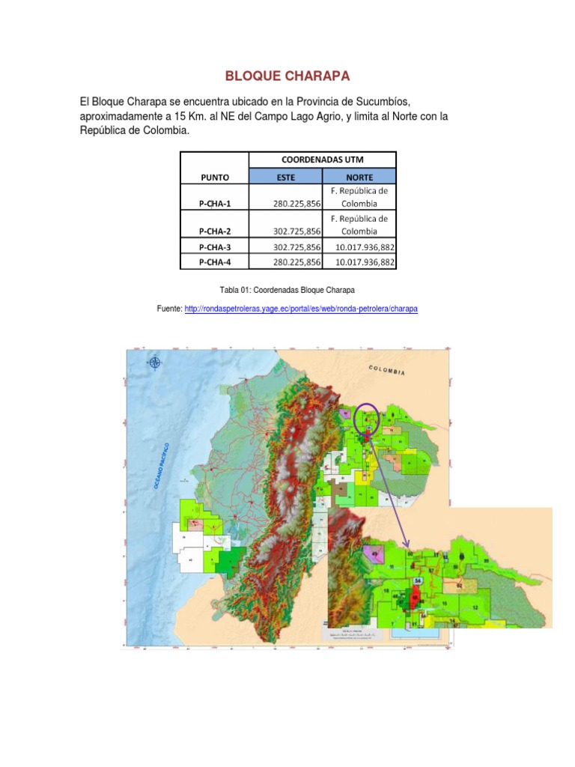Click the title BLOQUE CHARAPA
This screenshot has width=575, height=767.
click(x=287, y=76)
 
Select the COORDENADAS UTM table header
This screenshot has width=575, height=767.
click(x=321, y=160)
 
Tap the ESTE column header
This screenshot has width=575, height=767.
click(x=285, y=178)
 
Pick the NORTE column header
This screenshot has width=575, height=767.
click(x=359, y=178)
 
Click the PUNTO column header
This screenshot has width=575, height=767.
click(x=214, y=178)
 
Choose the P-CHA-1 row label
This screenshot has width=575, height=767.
click(x=214, y=204)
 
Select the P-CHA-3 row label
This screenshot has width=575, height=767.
click(x=214, y=247)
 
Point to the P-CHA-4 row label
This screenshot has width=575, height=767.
click(x=214, y=261)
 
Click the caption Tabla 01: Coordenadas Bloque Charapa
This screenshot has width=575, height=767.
click(x=287, y=289)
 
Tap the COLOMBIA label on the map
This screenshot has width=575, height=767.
click(x=386, y=370)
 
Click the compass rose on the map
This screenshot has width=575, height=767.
click(x=155, y=363)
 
